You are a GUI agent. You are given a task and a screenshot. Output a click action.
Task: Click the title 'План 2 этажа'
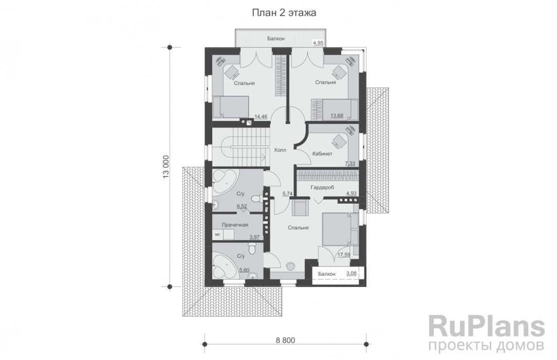click(284, 13)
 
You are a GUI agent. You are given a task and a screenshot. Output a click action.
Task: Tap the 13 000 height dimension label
click(166, 167)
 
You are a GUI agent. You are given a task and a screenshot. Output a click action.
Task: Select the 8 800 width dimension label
click(285, 340)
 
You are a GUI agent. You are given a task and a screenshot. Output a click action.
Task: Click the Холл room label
click(280, 150)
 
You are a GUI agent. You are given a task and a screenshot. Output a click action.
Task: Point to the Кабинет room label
click(322, 154)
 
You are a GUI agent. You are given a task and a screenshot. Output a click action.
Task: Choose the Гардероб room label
click(322, 187)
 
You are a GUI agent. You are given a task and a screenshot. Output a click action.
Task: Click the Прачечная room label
click(235, 225)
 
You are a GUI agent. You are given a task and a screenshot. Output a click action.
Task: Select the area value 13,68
click(337, 116)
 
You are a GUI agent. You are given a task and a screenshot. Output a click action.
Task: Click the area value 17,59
click(344, 255)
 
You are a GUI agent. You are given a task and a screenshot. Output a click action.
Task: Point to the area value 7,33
click(350, 164)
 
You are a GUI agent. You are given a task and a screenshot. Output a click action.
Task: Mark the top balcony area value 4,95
click(318, 43)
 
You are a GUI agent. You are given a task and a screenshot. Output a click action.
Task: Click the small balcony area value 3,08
click(351, 273)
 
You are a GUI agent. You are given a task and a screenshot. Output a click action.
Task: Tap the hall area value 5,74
click(287, 194)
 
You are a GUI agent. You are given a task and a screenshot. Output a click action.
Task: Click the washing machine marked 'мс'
click(217, 235)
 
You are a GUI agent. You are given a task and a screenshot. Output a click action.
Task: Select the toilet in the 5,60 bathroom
click(252, 249)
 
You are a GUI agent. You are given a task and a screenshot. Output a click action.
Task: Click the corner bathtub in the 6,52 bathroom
click(224, 182)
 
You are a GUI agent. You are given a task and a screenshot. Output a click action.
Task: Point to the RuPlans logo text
click(486, 326)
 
